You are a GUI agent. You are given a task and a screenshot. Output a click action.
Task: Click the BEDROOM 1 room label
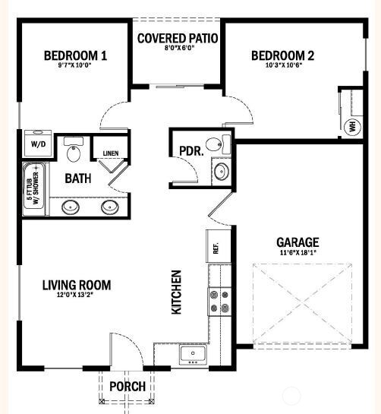(x=74, y=55)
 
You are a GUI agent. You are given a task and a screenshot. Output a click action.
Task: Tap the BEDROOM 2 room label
(x=282, y=55)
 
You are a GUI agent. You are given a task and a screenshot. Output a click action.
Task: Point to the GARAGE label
(x=297, y=242)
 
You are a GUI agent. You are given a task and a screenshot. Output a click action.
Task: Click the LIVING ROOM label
(x=76, y=285)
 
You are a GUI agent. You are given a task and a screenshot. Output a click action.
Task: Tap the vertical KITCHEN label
(x=176, y=292)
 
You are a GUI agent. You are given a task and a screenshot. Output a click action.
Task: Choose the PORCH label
(x=128, y=386)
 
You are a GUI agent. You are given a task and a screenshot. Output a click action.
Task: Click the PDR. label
(x=190, y=150)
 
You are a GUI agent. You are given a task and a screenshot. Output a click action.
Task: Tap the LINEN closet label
(x=110, y=154)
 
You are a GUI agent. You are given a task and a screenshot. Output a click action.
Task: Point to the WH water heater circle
(x=352, y=126)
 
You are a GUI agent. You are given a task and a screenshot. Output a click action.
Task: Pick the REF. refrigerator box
(x=215, y=248)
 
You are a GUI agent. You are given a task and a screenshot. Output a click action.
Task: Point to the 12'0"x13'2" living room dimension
(x=76, y=296)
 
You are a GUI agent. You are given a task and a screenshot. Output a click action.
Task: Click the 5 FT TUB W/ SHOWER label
(x=32, y=190)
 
